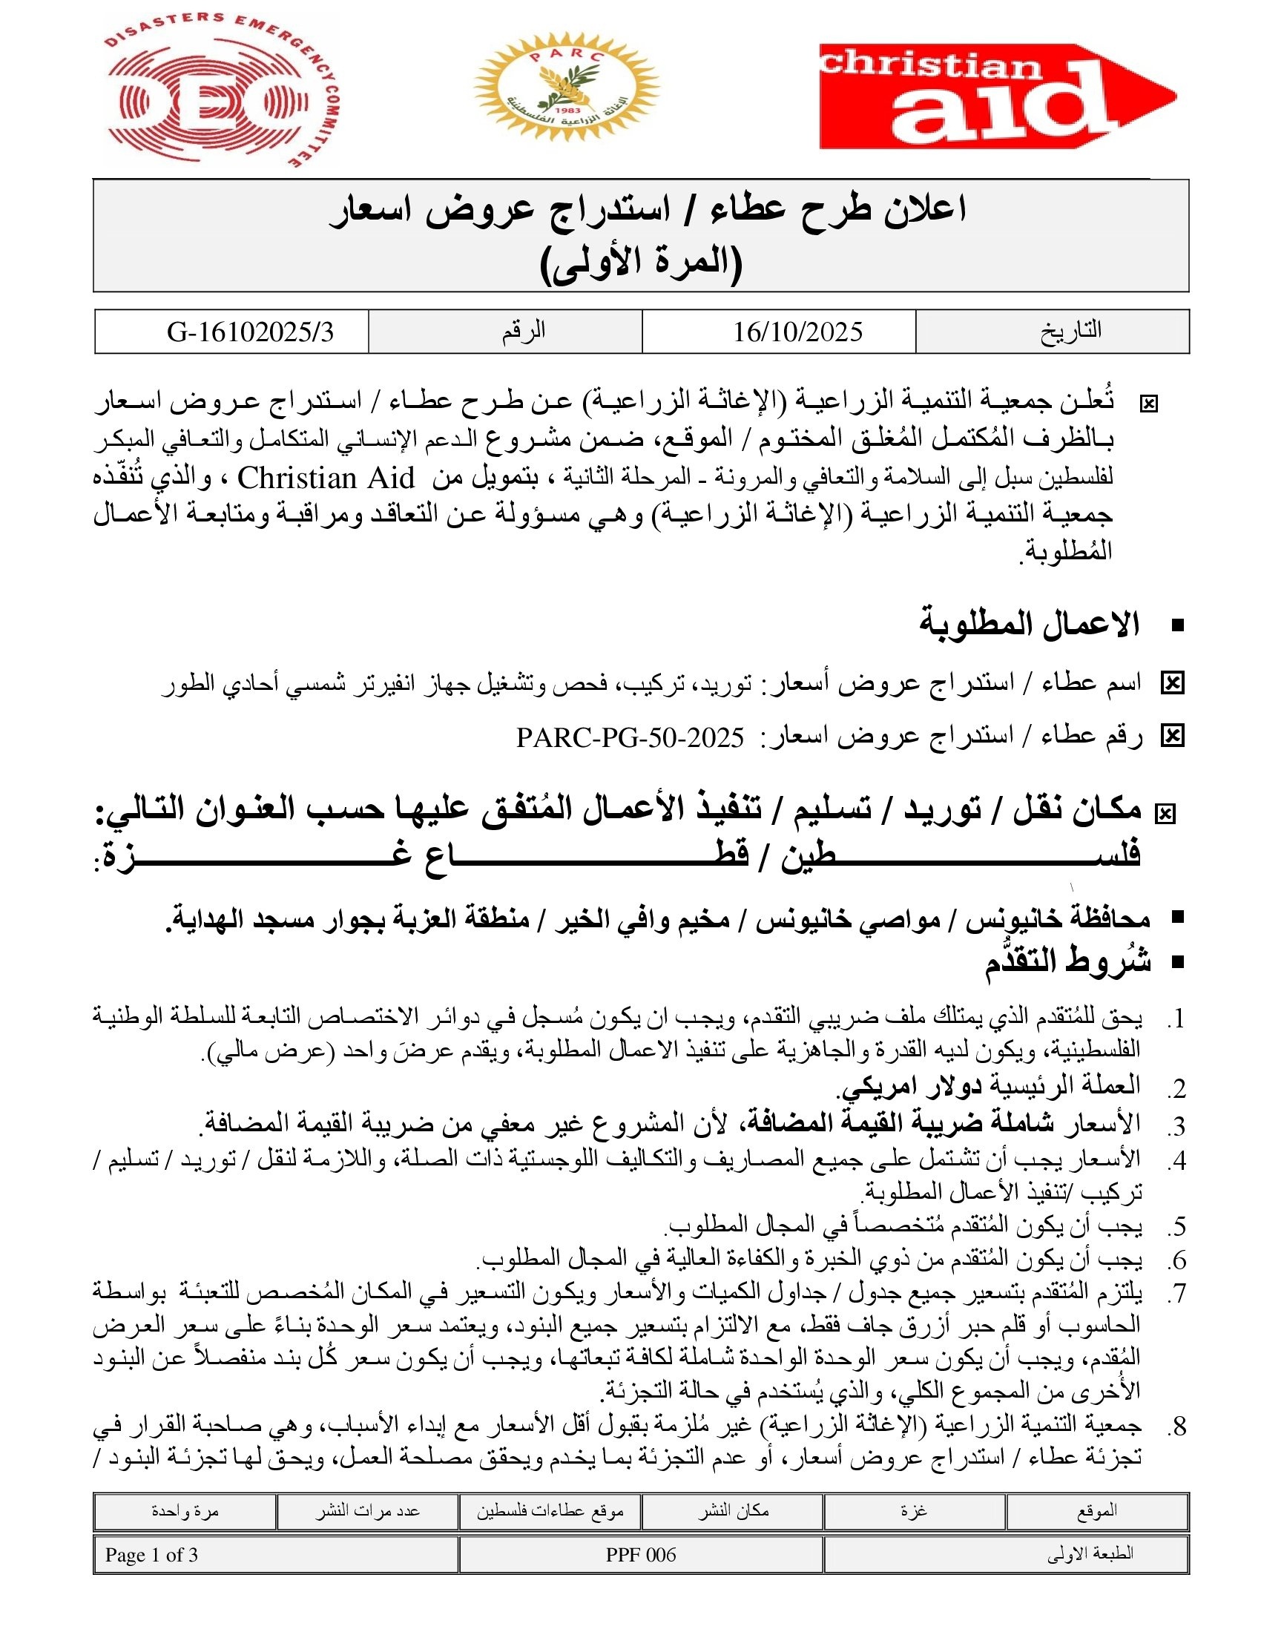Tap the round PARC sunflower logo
point(565,87)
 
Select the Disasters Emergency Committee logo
point(219,91)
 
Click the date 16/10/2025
point(797,332)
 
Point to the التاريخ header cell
point(1070,330)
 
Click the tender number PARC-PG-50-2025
point(630,738)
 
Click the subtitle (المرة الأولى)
point(641,263)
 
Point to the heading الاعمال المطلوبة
point(1029,624)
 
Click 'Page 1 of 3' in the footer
point(151,1555)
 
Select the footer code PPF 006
point(640,1555)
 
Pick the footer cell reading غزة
point(913,1511)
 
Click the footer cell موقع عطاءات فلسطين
point(550,1511)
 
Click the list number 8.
point(1177,1427)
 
